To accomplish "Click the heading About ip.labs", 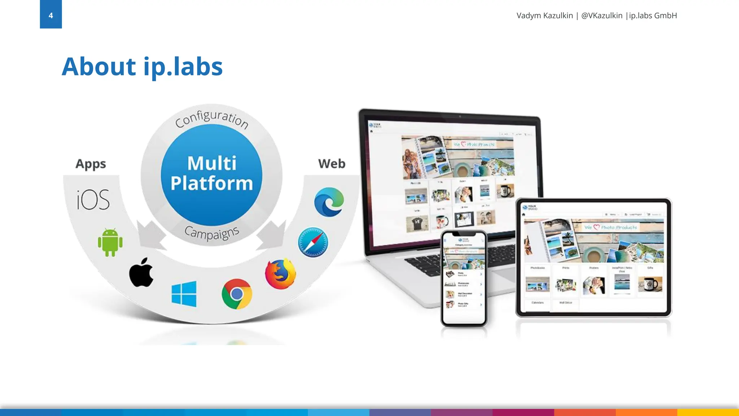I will (142, 67).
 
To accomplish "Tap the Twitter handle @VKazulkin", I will (602, 16).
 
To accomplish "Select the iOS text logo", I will (93, 200).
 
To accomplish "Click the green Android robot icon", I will (110, 242).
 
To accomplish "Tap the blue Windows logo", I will (184, 294).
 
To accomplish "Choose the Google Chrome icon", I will (237, 294).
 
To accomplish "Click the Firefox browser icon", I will (280, 274).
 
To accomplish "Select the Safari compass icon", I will (313, 242).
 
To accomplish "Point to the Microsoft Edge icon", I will (329, 202).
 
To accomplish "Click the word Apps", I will (91, 164).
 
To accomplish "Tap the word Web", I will (332, 164).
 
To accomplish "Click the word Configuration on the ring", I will (212, 118).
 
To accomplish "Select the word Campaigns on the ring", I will (212, 233).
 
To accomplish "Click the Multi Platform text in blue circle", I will (212, 173).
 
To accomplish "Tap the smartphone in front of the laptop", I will (464, 278).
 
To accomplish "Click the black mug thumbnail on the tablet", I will (650, 284).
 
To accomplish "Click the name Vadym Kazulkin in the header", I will (545, 16).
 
